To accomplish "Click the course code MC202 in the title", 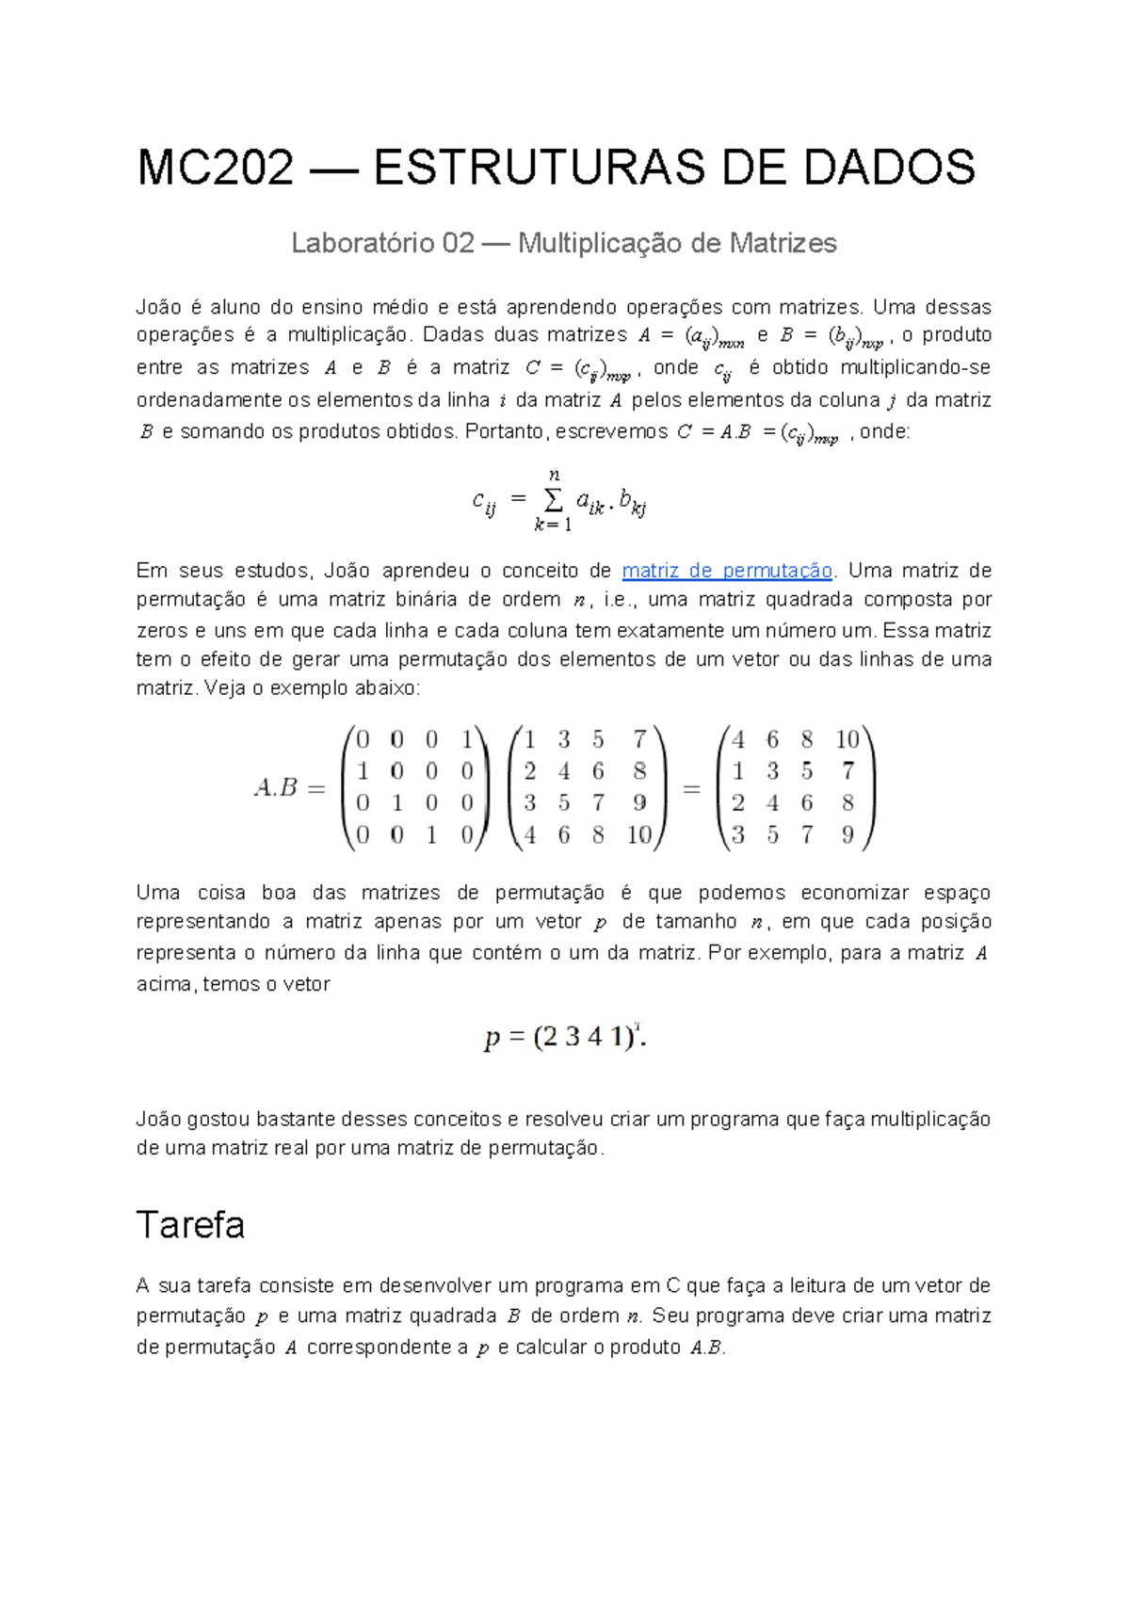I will (216, 168).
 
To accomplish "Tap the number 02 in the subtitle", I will (458, 244).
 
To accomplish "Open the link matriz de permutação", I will (727, 571).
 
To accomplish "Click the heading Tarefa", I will (190, 1225).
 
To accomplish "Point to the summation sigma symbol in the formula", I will (554, 500).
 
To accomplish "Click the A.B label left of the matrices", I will (276, 787).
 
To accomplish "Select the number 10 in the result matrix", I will (847, 740).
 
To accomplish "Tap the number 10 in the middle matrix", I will (639, 835).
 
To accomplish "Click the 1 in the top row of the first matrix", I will (467, 740).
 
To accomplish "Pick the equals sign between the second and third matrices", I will (692, 789).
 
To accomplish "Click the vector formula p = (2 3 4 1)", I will (564, 1038).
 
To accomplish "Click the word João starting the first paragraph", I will (157, 308).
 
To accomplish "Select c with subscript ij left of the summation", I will (484, 503).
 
